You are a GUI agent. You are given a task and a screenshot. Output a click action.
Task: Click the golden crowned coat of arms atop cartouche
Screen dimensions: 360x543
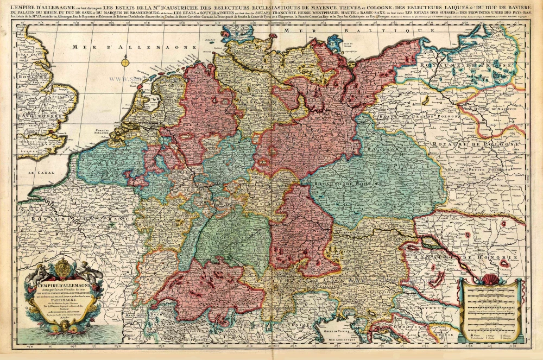point(64,269)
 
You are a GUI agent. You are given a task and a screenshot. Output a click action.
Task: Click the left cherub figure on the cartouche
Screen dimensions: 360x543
point(38,277)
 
